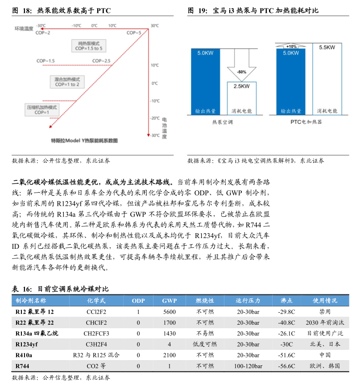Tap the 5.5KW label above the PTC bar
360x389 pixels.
click(327, 48)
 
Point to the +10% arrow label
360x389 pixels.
click(291, 46)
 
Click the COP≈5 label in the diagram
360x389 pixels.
click(134, 33)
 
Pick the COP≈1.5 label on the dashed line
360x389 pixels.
click(46, 61)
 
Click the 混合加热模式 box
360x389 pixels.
click(67, 81)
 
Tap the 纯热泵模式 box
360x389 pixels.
click(89, 46)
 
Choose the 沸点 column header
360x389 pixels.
click(286, 301)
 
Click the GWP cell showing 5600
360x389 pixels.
click(170, 312)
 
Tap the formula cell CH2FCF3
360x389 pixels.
click(96, 333)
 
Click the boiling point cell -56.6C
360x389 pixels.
click(286, 366)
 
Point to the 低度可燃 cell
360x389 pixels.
click(205, 344)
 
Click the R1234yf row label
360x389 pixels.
click(28, 344)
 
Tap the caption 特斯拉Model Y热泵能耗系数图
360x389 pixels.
click(85, 140)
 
